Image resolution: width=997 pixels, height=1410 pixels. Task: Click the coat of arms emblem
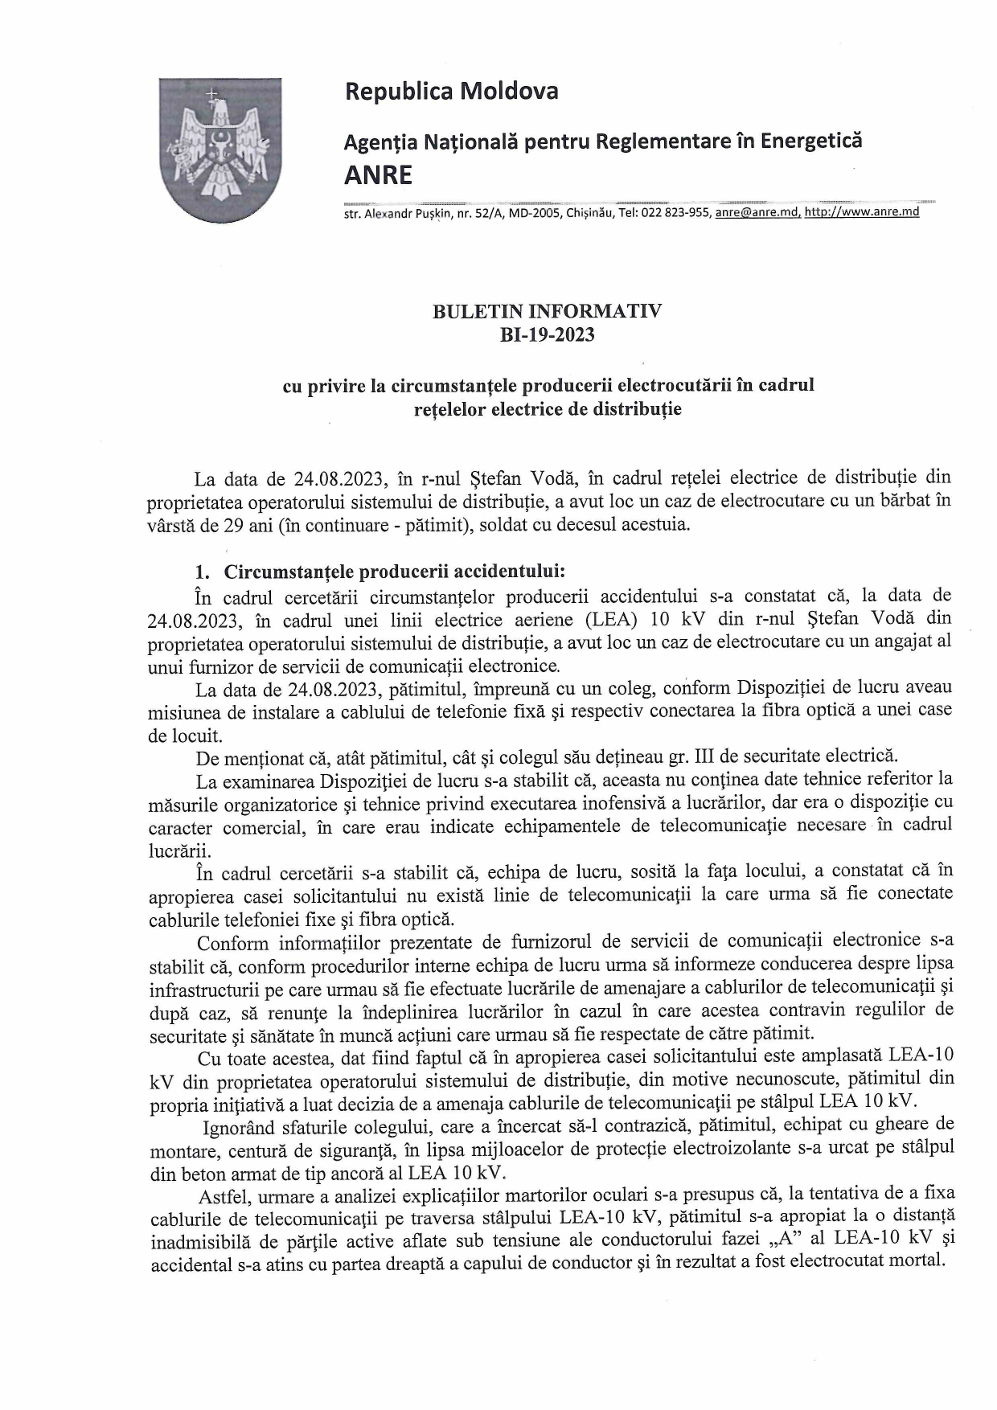[x=219, y=150]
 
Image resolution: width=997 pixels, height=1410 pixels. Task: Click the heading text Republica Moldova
[x=451, y=92]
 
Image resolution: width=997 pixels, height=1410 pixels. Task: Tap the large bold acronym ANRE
[x=378, y=175]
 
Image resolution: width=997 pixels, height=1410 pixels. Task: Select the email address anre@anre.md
[x=757, y=213]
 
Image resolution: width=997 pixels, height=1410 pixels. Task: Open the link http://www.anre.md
[x=862, y=213]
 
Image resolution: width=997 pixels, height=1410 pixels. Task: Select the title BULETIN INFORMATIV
[x=547, y=312]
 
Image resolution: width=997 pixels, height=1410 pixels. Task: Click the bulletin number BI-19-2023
[x=547, y=335]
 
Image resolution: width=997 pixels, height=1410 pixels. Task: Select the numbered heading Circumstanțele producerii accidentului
[x=394, y=572]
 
